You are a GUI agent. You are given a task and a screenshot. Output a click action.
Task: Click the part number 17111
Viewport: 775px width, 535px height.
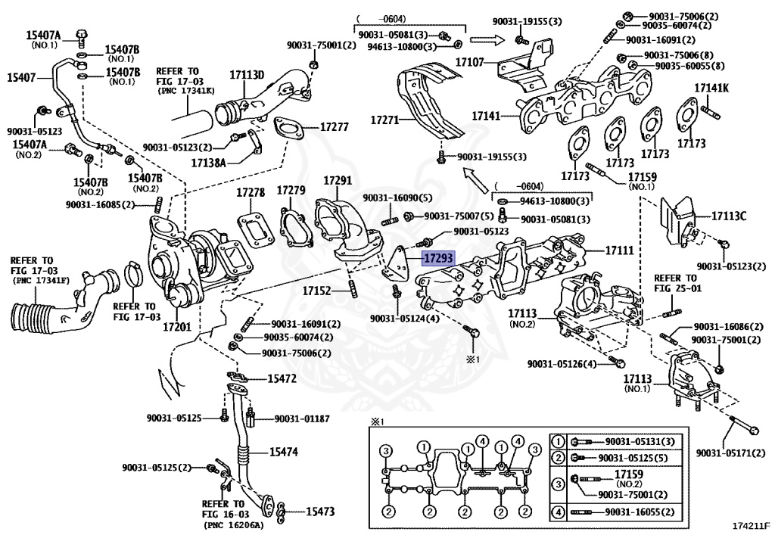(619, 249)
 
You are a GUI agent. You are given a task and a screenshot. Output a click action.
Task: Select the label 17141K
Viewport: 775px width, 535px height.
(711, 89)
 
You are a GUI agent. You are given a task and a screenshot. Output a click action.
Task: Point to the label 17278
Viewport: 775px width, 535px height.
(250, 192)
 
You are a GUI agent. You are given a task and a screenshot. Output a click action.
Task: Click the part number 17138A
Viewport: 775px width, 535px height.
(210, 162)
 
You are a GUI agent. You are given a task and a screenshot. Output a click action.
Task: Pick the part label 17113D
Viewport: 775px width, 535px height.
(247, 75)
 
